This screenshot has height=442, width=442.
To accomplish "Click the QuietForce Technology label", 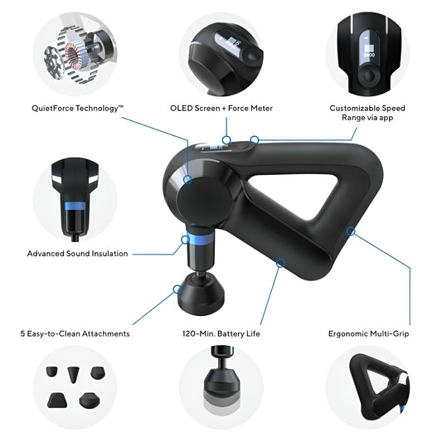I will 77,108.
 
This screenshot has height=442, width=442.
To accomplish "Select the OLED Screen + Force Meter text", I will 221,108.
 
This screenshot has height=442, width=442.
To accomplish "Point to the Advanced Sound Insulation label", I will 77,254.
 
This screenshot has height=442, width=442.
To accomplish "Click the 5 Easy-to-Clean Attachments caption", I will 75,333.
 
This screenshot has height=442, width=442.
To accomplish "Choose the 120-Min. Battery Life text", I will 221,333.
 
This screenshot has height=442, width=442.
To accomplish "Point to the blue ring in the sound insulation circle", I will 79,205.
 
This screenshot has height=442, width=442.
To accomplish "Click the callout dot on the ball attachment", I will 177,289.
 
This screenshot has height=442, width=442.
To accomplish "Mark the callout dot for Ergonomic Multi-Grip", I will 352,231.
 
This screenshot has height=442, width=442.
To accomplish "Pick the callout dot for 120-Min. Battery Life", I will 281,263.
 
